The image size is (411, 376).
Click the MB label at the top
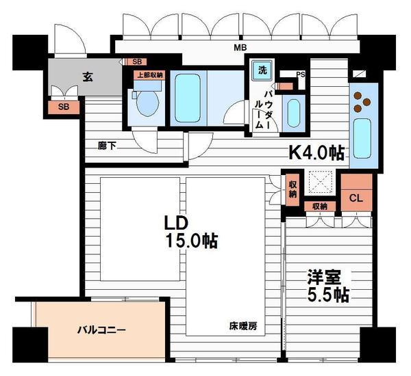tap(240, 48)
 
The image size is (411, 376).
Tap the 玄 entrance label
tap(88, 77)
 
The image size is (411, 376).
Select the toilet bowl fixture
tap(147, 103)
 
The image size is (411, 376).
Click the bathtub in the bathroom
tap(188, 98)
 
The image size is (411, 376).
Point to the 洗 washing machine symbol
tap(262, 70)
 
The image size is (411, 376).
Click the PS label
tap(301, 75)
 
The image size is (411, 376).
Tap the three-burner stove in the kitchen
tap(362, 102)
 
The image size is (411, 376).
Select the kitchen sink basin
tap(362, 139)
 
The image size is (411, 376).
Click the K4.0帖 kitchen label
tap(316, 152)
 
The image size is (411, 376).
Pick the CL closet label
tap(356, 198)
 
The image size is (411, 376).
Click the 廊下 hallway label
tap(107, 146)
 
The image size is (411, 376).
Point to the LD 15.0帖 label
tap(191, 232)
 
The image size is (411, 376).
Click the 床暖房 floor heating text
tap(243, 326)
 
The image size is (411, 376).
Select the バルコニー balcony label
tap(101, 330)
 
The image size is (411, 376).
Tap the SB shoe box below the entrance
tap(64, 107)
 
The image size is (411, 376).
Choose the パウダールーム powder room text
tap(263, 109)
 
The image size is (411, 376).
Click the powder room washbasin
tap(293, 113)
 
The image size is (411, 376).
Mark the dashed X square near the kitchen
tap(321, 183)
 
